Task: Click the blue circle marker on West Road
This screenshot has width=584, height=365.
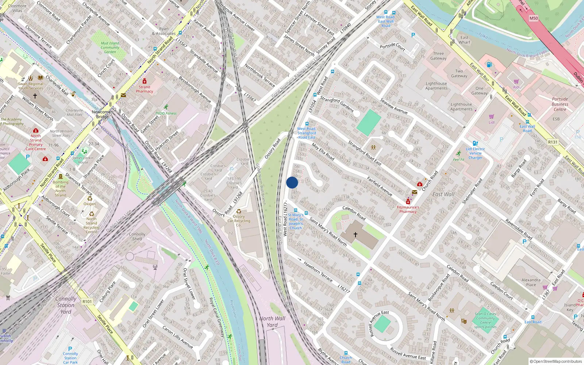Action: [292, 182]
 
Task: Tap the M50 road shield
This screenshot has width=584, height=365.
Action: [534, 18]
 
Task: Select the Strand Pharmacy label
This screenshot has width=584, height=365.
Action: [145, 89]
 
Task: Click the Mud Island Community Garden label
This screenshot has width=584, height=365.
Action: [110, 47]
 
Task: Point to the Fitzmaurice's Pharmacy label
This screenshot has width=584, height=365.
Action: [408, 209]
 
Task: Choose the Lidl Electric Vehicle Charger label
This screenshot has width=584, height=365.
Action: [475, 153]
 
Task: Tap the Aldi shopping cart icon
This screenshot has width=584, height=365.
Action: [516, 81]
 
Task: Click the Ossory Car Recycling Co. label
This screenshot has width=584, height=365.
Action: [239, 220]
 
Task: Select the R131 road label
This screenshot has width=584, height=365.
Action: [553, 142]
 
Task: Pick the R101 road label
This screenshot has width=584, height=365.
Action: [87, 301]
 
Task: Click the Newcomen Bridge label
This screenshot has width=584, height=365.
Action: [103, 114]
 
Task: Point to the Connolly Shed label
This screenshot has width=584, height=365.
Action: [137, 237]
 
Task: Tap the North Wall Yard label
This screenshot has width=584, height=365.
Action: [272, 322]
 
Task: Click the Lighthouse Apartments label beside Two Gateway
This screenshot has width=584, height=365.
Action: [436, 86]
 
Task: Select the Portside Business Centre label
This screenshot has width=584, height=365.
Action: [560, 104]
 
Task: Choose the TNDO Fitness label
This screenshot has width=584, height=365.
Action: [166, 113]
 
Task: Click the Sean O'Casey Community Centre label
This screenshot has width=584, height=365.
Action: [485, 318]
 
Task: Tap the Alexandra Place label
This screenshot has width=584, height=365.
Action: [531, 282]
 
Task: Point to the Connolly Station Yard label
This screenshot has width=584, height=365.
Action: [66, 305]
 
